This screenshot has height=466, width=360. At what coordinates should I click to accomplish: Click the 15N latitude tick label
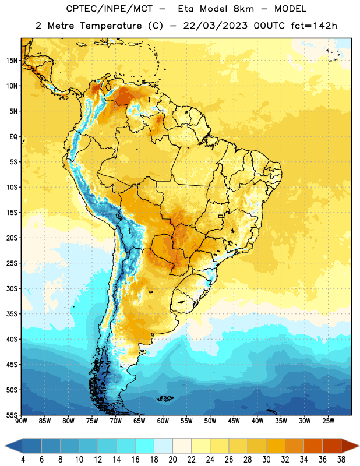[12, 61]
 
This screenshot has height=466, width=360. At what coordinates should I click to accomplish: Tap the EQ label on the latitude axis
[13, 137]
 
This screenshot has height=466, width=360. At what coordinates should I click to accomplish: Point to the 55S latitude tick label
[12, 415]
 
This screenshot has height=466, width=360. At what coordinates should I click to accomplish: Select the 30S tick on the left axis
[12, 288]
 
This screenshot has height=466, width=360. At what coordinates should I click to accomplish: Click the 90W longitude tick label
[21, 421]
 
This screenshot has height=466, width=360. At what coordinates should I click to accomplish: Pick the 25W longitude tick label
[328, 421]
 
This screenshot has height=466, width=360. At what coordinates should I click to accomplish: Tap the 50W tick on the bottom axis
[210, 421]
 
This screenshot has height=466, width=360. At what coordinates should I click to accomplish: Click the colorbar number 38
[341, 460]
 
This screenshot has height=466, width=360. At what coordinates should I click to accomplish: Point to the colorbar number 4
[23, 460]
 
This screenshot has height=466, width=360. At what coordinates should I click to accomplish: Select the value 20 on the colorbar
[172, 460]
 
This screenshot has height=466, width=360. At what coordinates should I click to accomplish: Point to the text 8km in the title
[243, 9]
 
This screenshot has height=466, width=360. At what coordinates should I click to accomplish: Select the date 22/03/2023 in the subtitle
[215, 26]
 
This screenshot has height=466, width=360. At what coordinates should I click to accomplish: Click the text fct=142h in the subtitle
[314, 26]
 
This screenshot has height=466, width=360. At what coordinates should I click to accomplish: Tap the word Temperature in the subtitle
[111, 26]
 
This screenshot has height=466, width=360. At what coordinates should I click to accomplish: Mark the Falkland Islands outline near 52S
[165, 398]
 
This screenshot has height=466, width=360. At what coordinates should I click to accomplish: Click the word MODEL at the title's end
[290, 9]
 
